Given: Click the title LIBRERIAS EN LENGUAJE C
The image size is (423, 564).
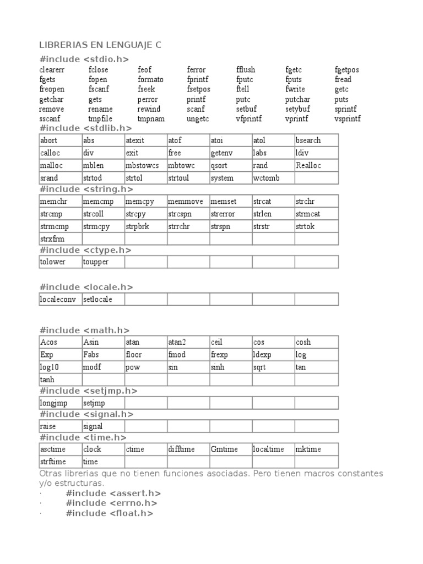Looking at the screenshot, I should click(x=100, y=45).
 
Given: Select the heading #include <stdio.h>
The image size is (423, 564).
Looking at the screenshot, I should click(x=84, y=59).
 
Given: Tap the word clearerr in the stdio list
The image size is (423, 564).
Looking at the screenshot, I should click(x=51, y=70).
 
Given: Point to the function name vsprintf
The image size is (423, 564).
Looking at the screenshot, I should click(x=348, y=118).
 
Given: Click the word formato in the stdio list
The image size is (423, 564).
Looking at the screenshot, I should click(x=150, y=79).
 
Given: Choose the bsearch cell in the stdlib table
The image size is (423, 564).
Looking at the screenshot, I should click(x=308, y=140).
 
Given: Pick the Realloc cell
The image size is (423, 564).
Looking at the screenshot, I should click(x=308, y=165).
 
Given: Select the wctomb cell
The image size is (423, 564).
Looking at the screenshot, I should click(x=267, y=178).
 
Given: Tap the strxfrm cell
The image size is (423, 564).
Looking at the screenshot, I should click(x=52, y=238).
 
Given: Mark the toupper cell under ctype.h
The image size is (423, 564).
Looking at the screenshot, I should click(x=96, y=262).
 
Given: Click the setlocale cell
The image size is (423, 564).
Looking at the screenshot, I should click(x=96, y=299).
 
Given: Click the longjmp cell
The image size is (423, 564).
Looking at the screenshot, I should click(x=53, y=403).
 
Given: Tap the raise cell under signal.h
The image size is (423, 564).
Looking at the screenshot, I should click(x=48, y=426).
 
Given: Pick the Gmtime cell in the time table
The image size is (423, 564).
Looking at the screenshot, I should click(x=224, y=449).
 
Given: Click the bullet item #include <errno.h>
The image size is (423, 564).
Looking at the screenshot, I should click(x=111, y=503).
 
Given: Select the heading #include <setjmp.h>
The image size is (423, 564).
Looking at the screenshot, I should click(x=89, y=391).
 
